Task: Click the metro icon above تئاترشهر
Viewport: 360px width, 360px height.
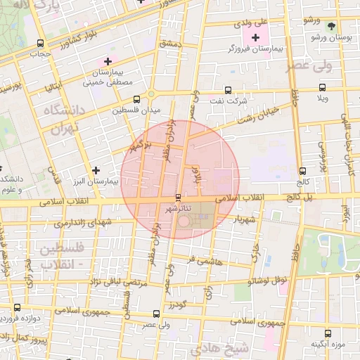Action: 177,198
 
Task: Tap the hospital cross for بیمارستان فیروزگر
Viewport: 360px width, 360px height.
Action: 255,37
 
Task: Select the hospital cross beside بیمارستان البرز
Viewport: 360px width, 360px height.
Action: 96,170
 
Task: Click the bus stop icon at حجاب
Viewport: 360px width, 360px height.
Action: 40,44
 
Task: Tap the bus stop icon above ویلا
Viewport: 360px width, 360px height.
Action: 322,88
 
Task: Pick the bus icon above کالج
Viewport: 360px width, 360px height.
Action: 302,171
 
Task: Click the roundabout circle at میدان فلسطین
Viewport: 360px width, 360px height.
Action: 150,94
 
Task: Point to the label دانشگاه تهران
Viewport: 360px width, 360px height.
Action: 63,120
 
